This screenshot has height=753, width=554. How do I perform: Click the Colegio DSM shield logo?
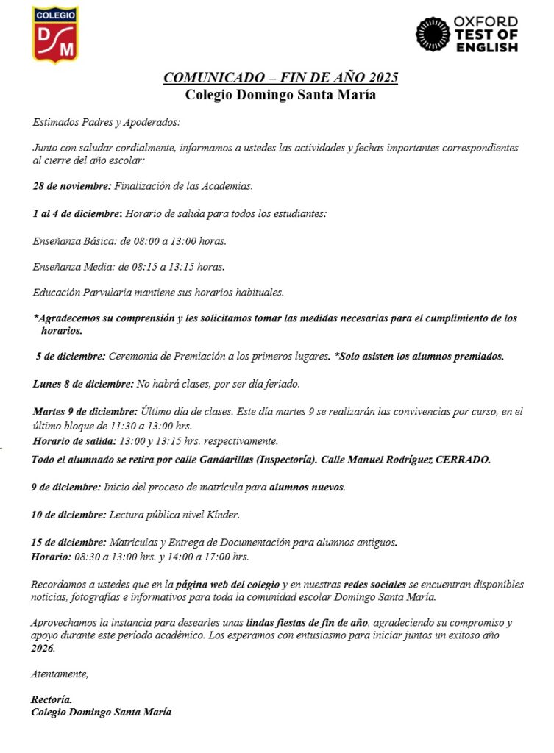(x=55, y=34)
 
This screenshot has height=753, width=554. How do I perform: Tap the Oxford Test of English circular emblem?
(x=433, y=35)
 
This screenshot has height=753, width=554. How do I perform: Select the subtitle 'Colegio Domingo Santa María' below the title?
(x=280, y=94)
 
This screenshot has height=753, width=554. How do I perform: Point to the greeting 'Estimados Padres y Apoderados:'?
(x=106, y=122)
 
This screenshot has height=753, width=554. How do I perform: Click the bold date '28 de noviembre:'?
(x=72, y=186)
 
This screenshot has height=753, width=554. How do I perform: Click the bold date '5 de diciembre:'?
(x=71, y=357)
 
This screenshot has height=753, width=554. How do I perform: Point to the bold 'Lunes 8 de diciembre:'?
(x=83, y=384)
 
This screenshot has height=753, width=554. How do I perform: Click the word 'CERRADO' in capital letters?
(x=463, y=460)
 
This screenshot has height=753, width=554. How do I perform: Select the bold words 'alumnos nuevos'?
(x=307, y=487)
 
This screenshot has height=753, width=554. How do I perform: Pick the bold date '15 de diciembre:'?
(x=69, y=543)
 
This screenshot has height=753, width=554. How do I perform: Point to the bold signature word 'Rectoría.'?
(x=52, y=700)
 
